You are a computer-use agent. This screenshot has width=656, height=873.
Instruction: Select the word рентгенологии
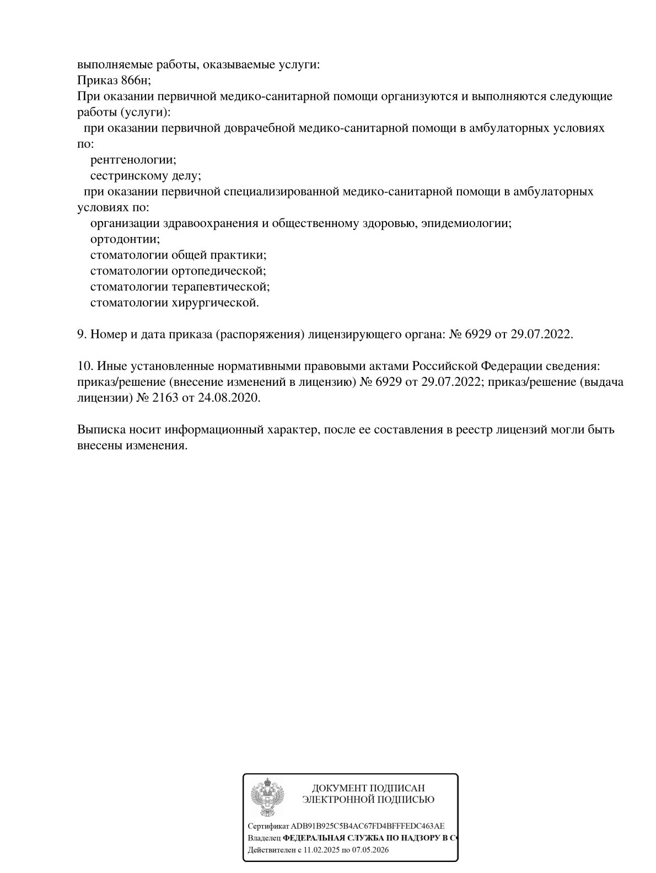click(133, 160)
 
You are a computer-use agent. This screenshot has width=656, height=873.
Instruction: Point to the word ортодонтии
click(125, 240)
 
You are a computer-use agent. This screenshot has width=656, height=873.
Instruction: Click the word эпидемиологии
click(470, 224)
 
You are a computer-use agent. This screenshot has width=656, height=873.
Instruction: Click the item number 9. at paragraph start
click(82, 335)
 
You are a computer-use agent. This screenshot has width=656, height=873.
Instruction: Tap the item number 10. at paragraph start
click(84, 366)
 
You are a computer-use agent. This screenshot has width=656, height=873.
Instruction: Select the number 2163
click(164, 398)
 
